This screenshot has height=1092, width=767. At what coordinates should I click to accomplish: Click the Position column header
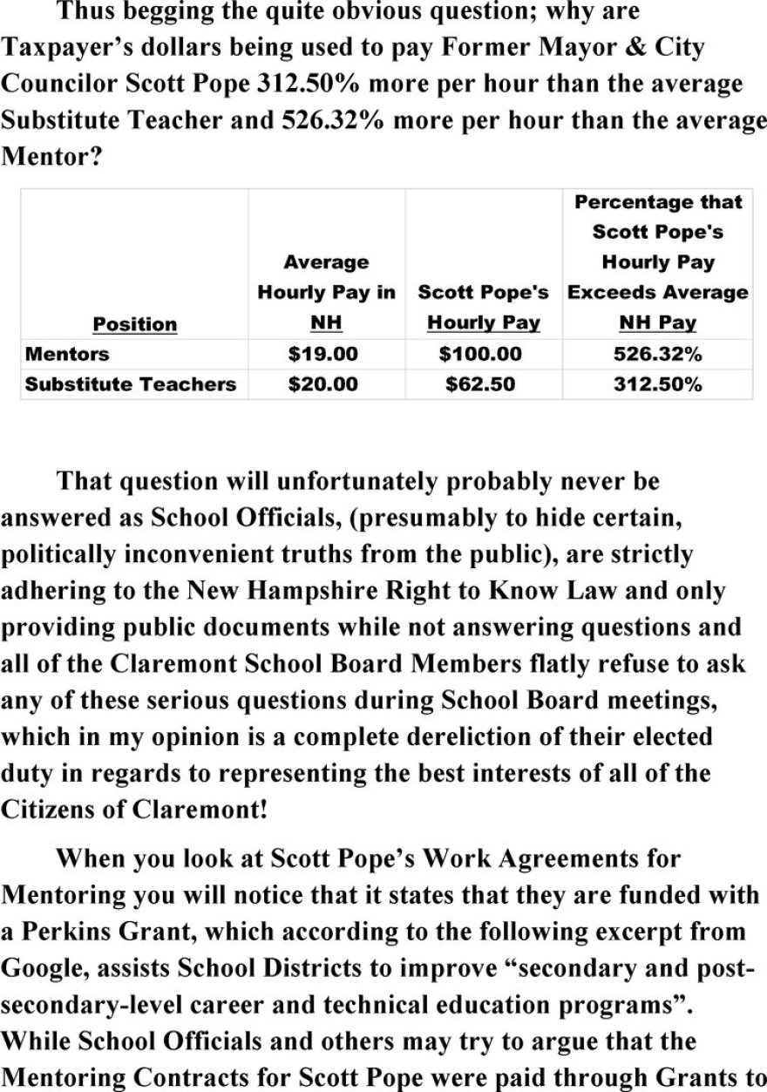(x=134, y=324)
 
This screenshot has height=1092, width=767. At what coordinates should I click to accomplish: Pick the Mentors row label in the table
(x=67, y=354)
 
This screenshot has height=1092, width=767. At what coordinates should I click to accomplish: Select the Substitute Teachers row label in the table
(x=131, y=383)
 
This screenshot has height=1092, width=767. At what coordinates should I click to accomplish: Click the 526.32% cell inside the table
(x=658, y=354)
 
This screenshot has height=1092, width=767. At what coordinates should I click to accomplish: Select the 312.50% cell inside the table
(x=658, y=383)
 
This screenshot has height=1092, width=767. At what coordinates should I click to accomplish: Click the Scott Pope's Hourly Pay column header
(x=483, y=307)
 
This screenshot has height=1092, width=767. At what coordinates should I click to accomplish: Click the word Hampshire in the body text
(x=282, y=591)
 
